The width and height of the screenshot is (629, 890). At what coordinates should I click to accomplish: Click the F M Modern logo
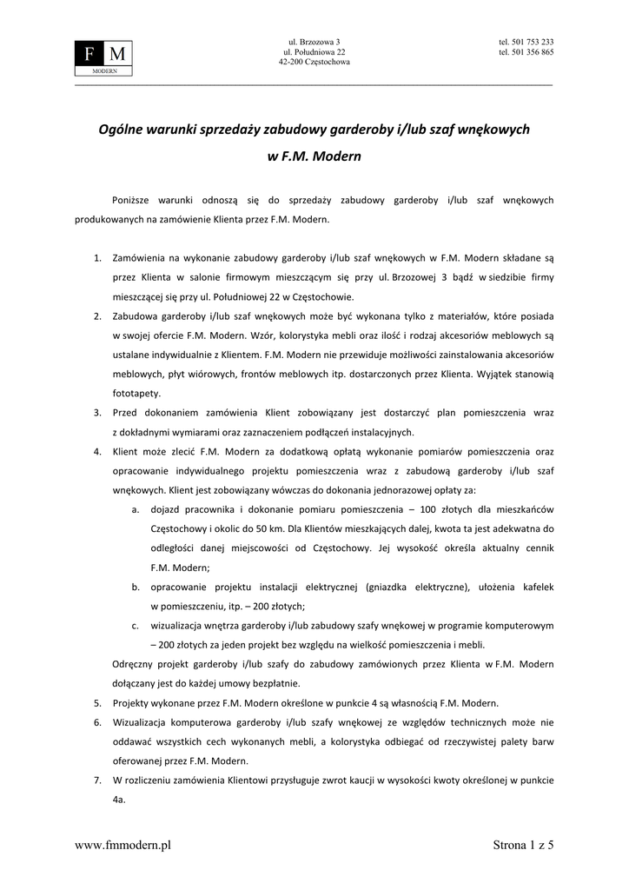point(104,57)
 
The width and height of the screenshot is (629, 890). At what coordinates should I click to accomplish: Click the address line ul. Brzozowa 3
point(314,42)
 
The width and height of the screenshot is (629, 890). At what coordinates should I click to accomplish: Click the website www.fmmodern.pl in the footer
point(122,845)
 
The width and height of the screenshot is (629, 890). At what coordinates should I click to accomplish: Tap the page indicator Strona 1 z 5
point(523,845)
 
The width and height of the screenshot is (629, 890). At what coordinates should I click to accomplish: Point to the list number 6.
point(97,722)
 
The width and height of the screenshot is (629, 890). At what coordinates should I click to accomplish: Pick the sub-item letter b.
point(136,587)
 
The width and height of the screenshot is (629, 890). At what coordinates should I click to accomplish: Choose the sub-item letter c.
point(136,625)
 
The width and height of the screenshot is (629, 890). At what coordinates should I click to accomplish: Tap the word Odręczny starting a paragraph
point(134,664)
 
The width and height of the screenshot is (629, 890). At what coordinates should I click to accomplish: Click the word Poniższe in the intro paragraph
point(131,200)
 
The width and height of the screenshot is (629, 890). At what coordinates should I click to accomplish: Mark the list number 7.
point(97,780)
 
